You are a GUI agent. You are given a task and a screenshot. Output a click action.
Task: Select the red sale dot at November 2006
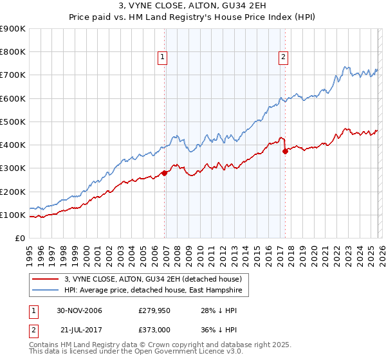coord(165,173)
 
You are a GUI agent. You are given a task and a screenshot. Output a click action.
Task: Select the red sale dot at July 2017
coord(286,152)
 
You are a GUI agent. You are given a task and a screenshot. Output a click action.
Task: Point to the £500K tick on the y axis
coord(13,122)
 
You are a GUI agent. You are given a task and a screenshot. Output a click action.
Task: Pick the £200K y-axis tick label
coord(13,192)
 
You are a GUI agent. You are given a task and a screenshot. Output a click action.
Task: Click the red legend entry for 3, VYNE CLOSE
coord(152,279)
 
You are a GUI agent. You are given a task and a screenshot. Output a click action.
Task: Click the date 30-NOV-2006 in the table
coord(80,311)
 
